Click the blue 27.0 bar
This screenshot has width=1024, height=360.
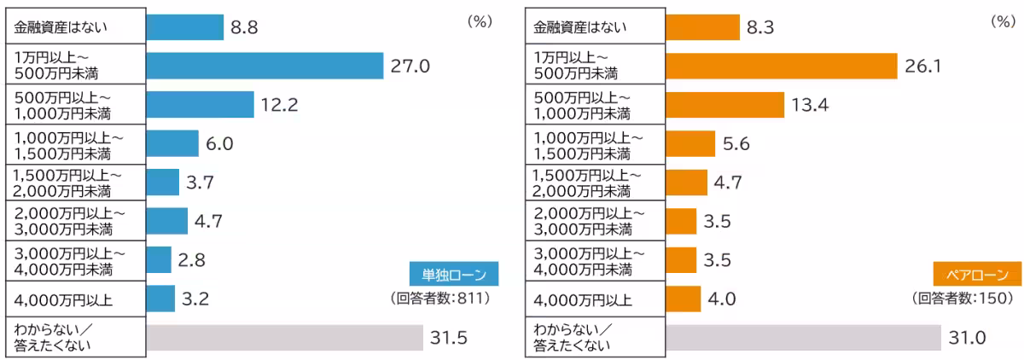265,66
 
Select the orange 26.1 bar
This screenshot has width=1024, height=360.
781,66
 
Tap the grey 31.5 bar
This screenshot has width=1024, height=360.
284,338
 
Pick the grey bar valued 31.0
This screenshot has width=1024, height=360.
802,338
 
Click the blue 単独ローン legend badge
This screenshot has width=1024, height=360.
454,275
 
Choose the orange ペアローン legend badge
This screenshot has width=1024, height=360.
972,275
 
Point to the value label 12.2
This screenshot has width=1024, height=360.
280,105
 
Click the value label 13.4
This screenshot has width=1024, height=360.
811,105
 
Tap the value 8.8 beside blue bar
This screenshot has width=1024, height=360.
245,27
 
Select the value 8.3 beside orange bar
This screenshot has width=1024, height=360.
760,27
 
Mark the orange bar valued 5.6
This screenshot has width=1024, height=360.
689,143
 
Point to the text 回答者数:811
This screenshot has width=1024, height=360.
443,298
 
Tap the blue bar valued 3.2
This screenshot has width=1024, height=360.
160,299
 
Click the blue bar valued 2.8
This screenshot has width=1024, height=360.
159,260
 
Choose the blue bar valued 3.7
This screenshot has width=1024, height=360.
162,182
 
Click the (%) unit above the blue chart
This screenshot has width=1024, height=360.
480,22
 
